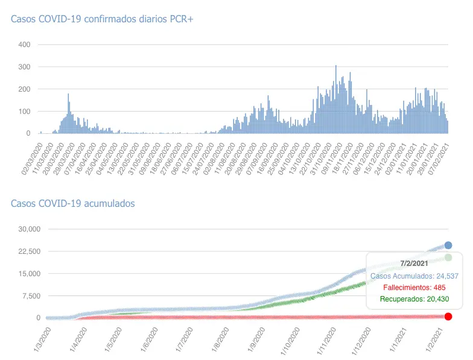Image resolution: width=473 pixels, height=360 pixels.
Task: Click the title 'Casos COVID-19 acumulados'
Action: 73,203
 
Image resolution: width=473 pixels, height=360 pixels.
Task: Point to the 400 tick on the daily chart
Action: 24,45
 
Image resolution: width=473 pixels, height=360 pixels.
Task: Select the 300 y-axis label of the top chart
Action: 24,67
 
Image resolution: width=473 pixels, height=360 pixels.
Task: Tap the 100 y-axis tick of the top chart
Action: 24,112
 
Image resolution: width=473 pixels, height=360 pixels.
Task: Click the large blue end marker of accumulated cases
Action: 448,245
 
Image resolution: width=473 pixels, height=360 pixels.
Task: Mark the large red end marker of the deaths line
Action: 448,317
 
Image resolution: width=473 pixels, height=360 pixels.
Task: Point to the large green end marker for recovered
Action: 448,257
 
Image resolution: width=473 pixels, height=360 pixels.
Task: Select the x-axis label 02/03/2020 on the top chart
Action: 32,158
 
